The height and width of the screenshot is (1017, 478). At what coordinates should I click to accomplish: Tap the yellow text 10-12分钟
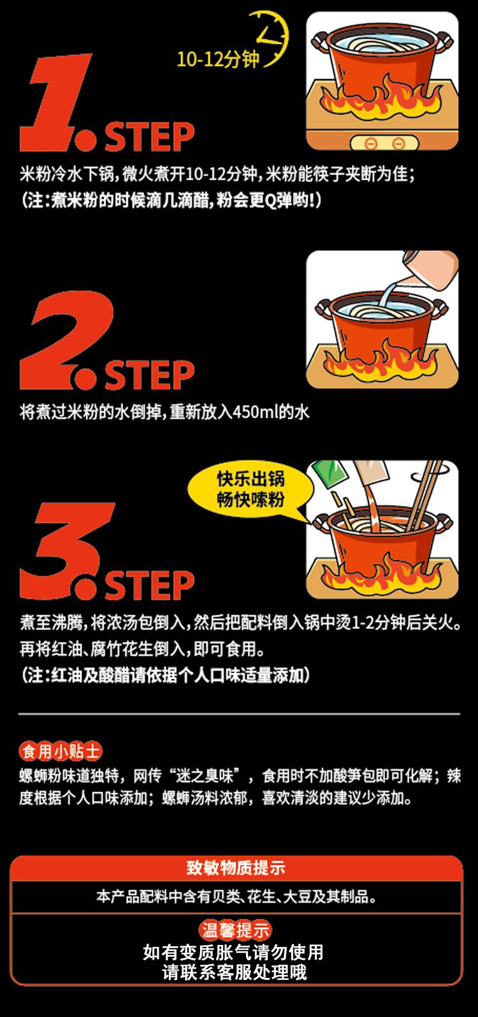[x=218, y=59]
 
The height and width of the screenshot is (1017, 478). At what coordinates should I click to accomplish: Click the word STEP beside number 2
[x=150, y=375]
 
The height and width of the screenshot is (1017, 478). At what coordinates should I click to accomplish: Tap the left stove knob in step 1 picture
[x=370, y=144]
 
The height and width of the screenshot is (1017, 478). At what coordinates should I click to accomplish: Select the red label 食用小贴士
[x=61, y=752]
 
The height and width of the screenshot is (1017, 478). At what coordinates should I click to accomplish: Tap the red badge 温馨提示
[x=235, y=930]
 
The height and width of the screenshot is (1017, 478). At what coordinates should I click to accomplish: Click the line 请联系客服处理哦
[x=234, y=972]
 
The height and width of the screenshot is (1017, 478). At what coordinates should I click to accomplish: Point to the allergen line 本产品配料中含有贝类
[x=236, y=896]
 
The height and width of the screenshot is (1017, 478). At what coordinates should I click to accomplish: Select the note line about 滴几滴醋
[x=171, y=200]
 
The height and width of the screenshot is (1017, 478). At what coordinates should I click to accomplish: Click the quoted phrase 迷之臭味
[x=208, y=776]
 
